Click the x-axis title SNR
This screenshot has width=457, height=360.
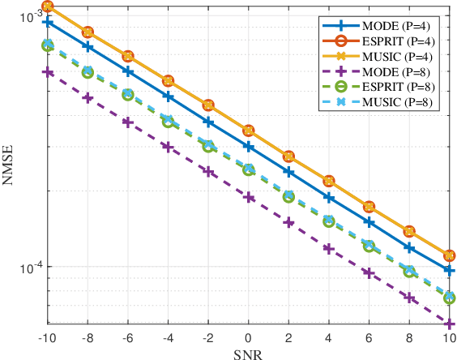click(248, 353)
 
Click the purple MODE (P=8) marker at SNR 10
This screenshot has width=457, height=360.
click(449, 324)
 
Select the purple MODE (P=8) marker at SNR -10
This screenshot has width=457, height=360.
click(48, 72)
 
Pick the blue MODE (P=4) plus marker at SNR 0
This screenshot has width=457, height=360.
click(248, 147)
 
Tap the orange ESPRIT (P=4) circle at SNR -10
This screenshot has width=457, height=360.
click(48, 6)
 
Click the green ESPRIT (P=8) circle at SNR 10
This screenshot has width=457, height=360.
click(449, 298)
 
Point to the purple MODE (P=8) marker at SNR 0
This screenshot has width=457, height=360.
click(248, 198)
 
